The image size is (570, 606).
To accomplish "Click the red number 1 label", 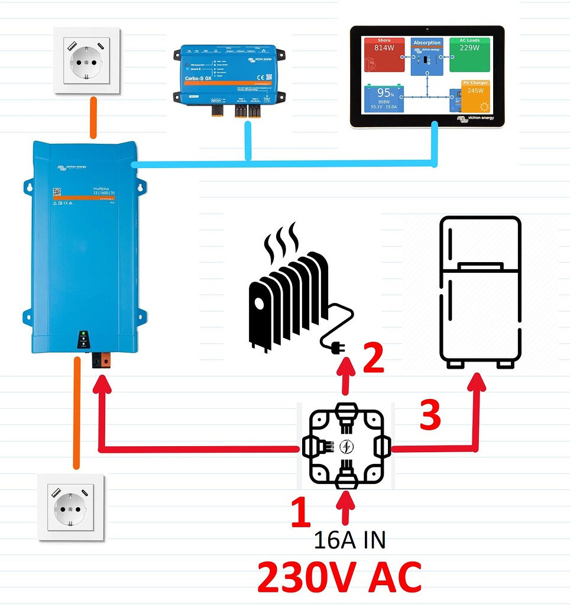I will click(300, 512).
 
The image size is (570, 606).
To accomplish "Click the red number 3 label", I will click(430, 415).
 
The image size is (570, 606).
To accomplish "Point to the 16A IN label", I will click(349, 540).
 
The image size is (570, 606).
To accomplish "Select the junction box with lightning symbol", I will click(346, 446).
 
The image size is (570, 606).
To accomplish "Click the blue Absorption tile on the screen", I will click(427, 57).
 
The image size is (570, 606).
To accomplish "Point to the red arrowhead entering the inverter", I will click(101, 385).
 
